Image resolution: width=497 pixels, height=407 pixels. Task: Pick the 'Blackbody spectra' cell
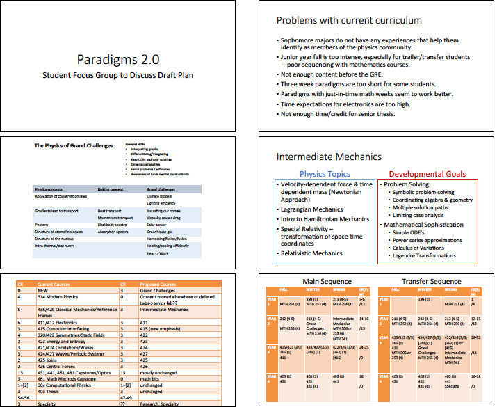click(x=113, y=225)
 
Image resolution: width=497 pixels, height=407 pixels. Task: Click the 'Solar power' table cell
click(x=158, y=225)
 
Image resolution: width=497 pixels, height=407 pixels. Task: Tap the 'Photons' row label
click(x=43, y=225)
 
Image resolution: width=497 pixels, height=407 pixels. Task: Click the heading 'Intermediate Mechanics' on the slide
click(x=329, y=157)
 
